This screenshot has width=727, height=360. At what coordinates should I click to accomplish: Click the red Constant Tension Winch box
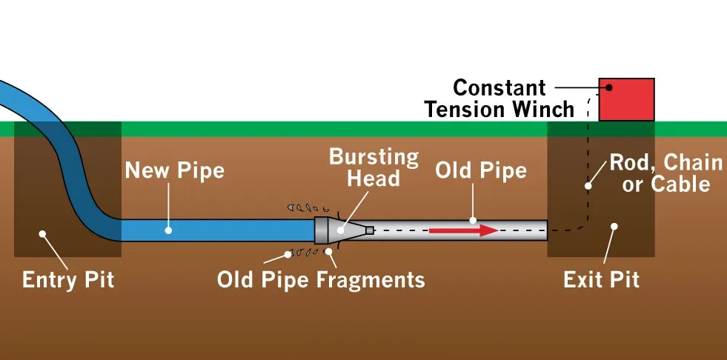[626, 99]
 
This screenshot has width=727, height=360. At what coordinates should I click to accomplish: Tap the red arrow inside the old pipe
[463, 230]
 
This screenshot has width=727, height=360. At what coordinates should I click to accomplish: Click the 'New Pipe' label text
[175, 170]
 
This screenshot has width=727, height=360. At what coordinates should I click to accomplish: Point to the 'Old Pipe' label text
[481, 170]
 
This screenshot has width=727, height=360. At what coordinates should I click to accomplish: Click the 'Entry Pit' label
[68, 280]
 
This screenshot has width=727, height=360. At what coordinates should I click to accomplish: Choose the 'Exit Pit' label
[601, 280]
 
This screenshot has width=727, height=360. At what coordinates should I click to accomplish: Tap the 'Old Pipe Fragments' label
[321, 280]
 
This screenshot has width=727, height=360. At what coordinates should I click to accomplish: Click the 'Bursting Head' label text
[374, 167]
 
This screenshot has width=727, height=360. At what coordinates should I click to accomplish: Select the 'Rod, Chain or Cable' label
[666, 173]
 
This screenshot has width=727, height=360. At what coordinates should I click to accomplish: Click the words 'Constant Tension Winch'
[499, 99]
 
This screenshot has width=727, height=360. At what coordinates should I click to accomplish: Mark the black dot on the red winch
[609, 87]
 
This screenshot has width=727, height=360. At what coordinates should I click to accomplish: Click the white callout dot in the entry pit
[43, 234]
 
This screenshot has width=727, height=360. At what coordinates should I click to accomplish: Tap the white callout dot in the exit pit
[614, 227]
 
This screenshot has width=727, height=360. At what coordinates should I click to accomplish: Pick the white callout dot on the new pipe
[168, 230]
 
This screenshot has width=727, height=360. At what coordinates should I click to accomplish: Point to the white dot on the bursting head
[341, 230]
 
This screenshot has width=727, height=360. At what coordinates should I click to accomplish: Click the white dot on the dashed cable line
[588, 186]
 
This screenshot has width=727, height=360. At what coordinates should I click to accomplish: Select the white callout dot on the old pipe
[473, 220]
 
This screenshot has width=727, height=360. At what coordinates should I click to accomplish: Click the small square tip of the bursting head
[369, 230]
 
